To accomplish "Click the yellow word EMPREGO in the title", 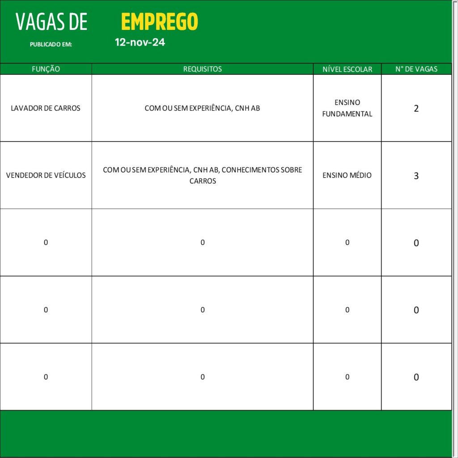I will click(x=159, y=21).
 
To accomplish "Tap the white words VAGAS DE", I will click(x=51, y=22).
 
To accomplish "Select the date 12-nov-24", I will click(x=140, y=42).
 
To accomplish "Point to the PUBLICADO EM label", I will click(x=51, y=45).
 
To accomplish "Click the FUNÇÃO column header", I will click(x=46, y=69).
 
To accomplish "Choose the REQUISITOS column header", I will click(x=202, y=69).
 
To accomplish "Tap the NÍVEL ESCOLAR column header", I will click(x=347, y=69).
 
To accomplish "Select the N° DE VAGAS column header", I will click(x=416, y=69).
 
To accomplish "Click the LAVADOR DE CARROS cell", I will click(x=46, y=108).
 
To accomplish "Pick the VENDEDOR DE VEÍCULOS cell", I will click(x=46, y=175).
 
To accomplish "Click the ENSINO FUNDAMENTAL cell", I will click(x=347, y=108).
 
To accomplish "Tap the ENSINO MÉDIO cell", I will click(x=347, y=175).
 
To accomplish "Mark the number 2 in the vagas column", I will click(x=416, y=108).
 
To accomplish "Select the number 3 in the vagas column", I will click(x=416, y=176).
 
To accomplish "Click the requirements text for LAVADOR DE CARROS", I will click(x=202, y=108).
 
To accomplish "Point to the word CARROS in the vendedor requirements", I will click(x=203, y=181).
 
